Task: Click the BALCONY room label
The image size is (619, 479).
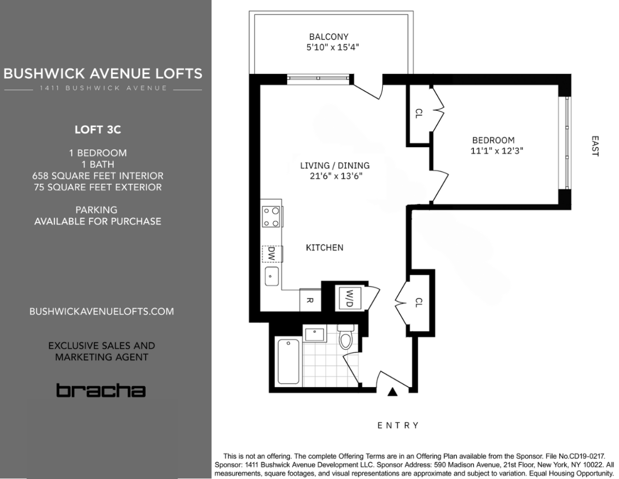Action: [x=328, y=36]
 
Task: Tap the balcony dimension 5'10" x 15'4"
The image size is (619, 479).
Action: [x=332, y=47]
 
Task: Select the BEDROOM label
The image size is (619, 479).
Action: [x=493, y=140]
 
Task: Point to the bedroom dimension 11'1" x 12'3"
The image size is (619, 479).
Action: [x=496, y=151]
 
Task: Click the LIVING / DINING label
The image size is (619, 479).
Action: [x=334, y=166]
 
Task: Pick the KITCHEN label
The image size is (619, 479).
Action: [x=324, y=248]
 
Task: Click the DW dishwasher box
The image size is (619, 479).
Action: [x=272, y=253]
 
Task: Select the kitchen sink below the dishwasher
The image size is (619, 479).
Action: [x=272, y=276]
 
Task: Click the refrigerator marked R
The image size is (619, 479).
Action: [x=309, y=300]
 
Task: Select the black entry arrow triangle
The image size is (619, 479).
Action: [x=392, y=392]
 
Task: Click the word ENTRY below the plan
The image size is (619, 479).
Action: [x=398, y=425]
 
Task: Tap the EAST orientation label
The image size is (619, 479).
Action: [x=595, y=146]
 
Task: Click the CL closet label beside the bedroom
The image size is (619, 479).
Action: [x=418, y=114]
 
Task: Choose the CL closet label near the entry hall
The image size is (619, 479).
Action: [x=418, y=302]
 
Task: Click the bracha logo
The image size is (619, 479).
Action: [x=101, y=390]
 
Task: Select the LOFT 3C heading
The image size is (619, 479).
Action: [x=98, y=129]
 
